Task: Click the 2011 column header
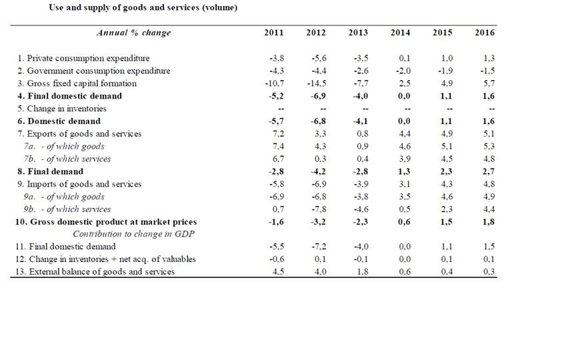[274, 33]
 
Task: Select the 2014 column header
[401, 33]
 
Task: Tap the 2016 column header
[485, 33]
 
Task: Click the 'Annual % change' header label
[134, 33]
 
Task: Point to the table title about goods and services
[143, 9]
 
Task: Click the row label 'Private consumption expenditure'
[83, 59]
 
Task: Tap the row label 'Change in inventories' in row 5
[62, 109]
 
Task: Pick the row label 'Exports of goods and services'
[79, 134]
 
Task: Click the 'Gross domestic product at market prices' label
[107, 222]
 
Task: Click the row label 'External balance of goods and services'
[96, 272]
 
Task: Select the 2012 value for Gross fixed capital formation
[316, 84]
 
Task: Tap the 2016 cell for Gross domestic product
[487, 222]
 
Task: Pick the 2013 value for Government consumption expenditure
[360, 71]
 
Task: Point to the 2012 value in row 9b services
[318, 209]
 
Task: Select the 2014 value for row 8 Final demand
[403, 172]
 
